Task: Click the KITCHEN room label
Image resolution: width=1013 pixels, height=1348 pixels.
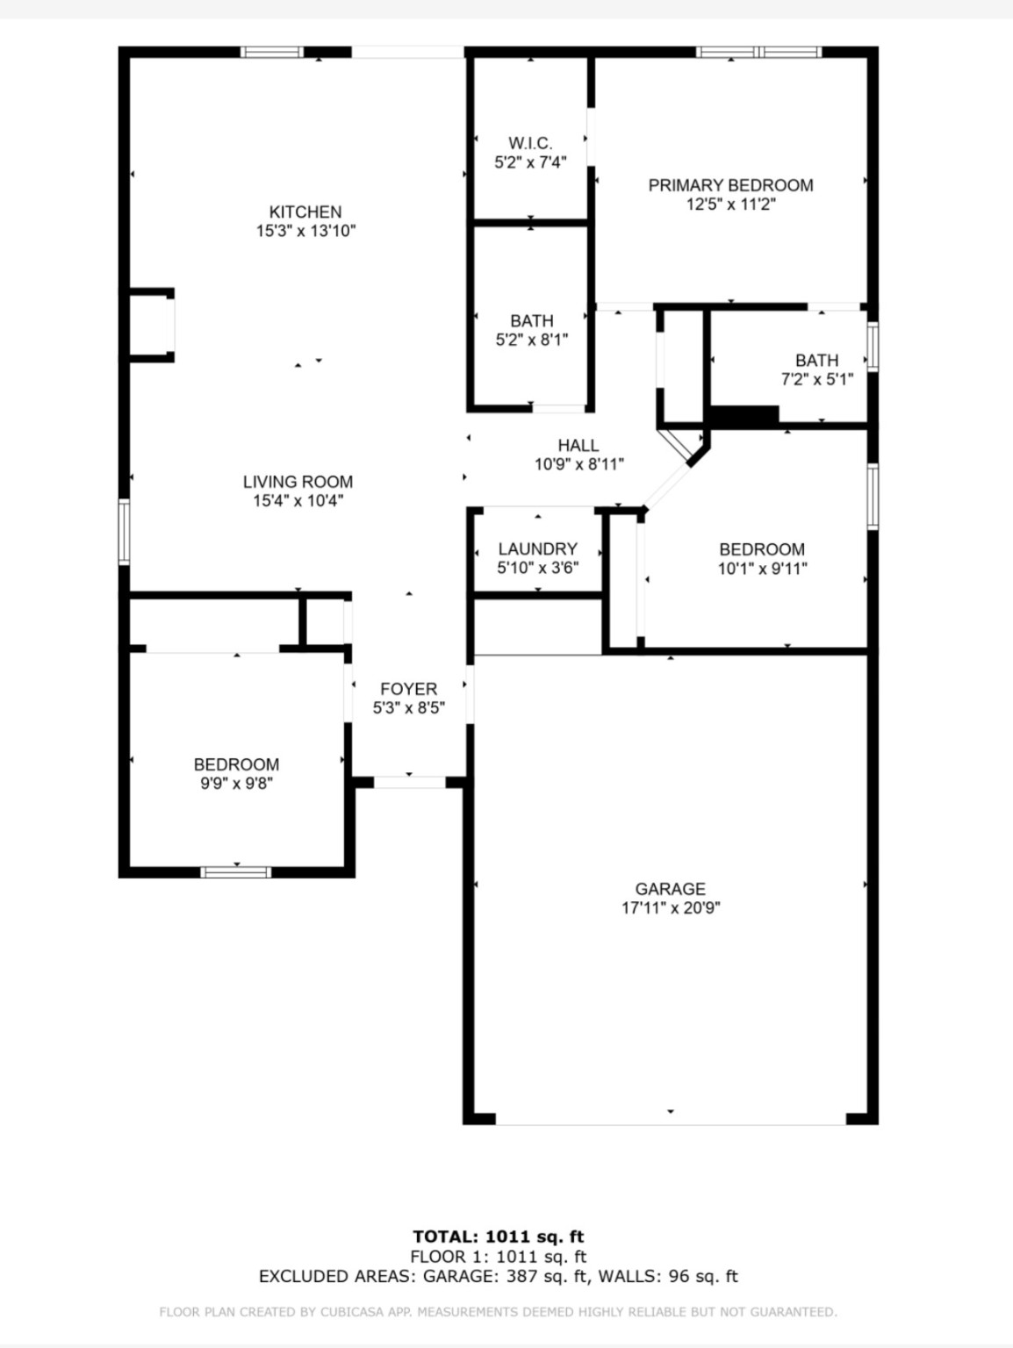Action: point(305,212)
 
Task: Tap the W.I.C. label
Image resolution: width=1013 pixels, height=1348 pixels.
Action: point(530,143)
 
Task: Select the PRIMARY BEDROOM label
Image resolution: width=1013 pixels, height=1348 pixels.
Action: point(730,185)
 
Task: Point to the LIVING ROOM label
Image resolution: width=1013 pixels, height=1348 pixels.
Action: point(298,482)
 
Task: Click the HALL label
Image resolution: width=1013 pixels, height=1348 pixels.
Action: point(578,445)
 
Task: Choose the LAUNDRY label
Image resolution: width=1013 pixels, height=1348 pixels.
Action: point(537,549)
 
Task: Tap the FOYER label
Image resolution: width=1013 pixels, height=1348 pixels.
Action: point(408,689)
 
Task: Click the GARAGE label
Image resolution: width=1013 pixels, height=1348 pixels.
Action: point(671,889)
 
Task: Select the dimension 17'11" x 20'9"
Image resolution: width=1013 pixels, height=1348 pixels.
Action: point(671,907)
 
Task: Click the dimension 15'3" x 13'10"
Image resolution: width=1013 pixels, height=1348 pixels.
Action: point(306,231)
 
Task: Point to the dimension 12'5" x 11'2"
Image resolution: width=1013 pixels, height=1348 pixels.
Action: point(731,204)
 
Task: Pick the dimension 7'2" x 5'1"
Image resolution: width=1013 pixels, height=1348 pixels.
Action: point(817,379)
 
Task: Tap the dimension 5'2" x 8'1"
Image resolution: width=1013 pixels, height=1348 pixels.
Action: point(532,340)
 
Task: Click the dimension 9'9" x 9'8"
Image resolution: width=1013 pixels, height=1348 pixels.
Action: point(236,784)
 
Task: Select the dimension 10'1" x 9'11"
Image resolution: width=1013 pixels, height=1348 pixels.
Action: point(762,569)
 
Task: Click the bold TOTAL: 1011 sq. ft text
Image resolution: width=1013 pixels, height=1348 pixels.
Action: point(499,1237)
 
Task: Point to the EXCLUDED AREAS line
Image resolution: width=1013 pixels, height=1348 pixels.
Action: point(499,1276)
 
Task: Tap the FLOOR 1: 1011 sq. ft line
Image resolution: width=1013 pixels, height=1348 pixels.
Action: point(499,1256)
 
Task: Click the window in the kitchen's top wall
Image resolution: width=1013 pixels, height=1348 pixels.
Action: point(271,52)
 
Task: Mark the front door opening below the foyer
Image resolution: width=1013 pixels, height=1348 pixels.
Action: point(410,783)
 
